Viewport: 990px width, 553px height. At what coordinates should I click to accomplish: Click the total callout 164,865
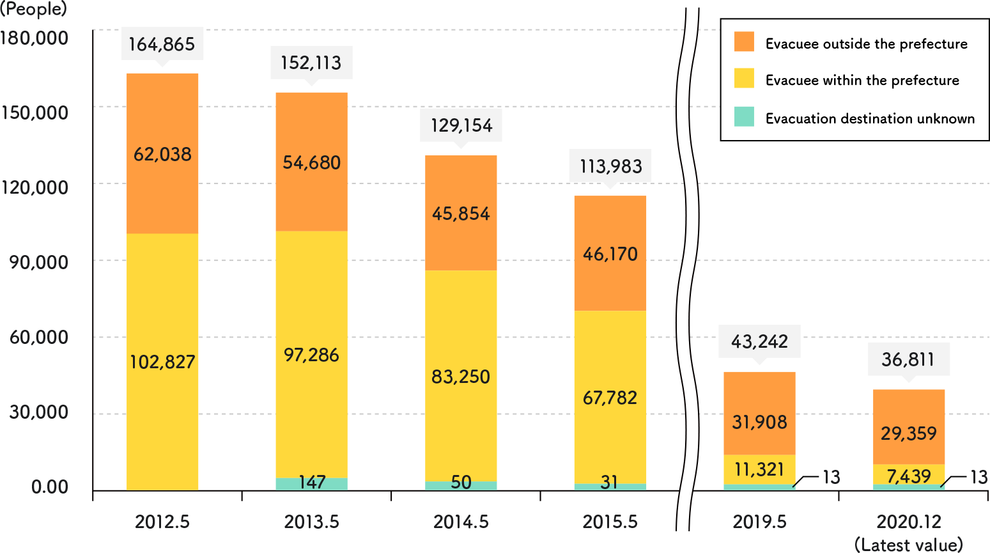(162, 44)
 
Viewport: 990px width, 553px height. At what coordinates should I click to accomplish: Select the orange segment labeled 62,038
(162, 153)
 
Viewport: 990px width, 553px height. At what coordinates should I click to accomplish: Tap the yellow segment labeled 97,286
(311, 354)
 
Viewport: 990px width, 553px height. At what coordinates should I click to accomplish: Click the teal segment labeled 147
(311, 484)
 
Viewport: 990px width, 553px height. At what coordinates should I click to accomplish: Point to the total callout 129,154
(461, 125)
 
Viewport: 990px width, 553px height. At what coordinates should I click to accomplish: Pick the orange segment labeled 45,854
(461, 213)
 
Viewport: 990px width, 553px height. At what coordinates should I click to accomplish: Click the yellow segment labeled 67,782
(610, 397)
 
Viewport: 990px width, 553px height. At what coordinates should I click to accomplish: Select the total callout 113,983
(610, 166)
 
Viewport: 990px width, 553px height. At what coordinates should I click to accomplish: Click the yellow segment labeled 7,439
(908, 475)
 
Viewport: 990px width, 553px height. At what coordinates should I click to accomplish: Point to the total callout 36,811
(908, 359)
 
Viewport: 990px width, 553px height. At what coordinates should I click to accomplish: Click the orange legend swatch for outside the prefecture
(744, 42)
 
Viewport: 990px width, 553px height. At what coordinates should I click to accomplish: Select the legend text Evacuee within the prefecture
(862, 81)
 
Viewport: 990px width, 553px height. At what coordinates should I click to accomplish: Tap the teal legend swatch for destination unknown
(744, 117)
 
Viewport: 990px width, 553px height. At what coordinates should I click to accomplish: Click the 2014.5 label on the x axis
(461, 522)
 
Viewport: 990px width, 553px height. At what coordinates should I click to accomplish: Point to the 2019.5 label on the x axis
(759, 522)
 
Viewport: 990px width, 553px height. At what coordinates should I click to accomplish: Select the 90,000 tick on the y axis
(38, 262)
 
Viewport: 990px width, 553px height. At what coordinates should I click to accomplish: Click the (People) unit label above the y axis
(33, 9)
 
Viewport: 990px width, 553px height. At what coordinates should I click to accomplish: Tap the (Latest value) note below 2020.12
(908, 545)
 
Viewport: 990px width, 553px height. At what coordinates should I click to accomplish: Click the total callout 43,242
(759, 341)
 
